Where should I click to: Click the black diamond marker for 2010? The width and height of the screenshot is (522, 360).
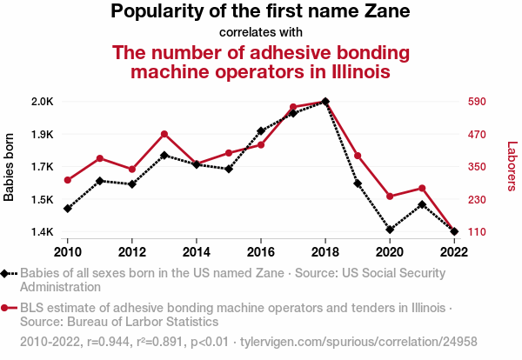click(x=68, y=209)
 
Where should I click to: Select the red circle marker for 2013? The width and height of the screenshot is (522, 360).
click(x=164, y=134)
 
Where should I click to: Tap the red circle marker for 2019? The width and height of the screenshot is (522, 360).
click(x=358, y=156)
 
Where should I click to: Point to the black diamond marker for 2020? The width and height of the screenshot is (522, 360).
click(x=390, y=230)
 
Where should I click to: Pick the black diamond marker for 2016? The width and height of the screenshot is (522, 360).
click(x=261, y=131)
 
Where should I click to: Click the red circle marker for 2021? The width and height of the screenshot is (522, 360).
click(x=422, y=188)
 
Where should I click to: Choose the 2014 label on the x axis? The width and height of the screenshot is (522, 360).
click(x=197, y=252)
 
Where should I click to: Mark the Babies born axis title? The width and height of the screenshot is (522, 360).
click(x=10, y=167)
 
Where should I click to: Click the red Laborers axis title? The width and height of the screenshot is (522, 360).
click(x=512, y=167)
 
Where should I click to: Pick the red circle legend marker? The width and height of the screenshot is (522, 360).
click(x=7, y=308)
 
